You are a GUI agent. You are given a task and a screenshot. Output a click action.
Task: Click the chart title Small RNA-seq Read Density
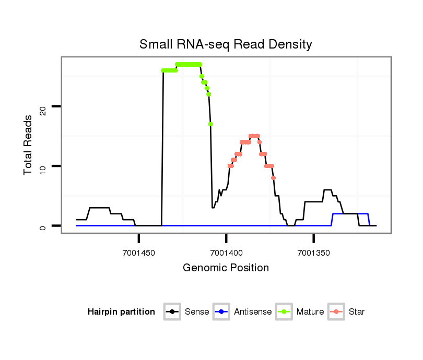click(x=226, y=44)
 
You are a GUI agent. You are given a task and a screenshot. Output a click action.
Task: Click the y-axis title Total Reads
click(x=29, y=145)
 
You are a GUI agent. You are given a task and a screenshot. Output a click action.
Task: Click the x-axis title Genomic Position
click(x=226, y=268)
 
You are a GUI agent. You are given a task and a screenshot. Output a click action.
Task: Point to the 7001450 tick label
click(x=139, y=253)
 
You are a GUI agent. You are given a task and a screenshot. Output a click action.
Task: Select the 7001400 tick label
click(x=226, y=253)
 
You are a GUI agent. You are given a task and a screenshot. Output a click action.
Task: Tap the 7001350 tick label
click(x=313, y=253)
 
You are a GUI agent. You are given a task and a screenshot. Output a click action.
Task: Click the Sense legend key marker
click(x=172, y=312)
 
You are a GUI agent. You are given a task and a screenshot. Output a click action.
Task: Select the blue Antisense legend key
click(x=221, y=312)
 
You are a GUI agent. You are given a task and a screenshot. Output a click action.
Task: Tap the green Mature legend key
click(x=285, y=312)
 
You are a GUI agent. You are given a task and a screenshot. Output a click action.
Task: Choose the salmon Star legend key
click(x=336, y=312)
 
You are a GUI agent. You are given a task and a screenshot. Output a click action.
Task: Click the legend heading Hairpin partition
click(x=121, y=312)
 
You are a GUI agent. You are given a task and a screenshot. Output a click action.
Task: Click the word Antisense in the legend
click(x=253, y=312)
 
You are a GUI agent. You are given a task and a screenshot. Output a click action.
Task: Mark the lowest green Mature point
click(x=210, y=124)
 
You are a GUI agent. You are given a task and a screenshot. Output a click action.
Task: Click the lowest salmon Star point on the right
click(x=273, y=178)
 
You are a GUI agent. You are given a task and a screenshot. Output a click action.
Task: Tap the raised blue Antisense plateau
click(x=350, y=214)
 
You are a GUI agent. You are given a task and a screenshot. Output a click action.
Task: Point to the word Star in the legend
click(x=357, y=312)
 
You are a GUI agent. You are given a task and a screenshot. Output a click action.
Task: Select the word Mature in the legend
click(x=310, y=312)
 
